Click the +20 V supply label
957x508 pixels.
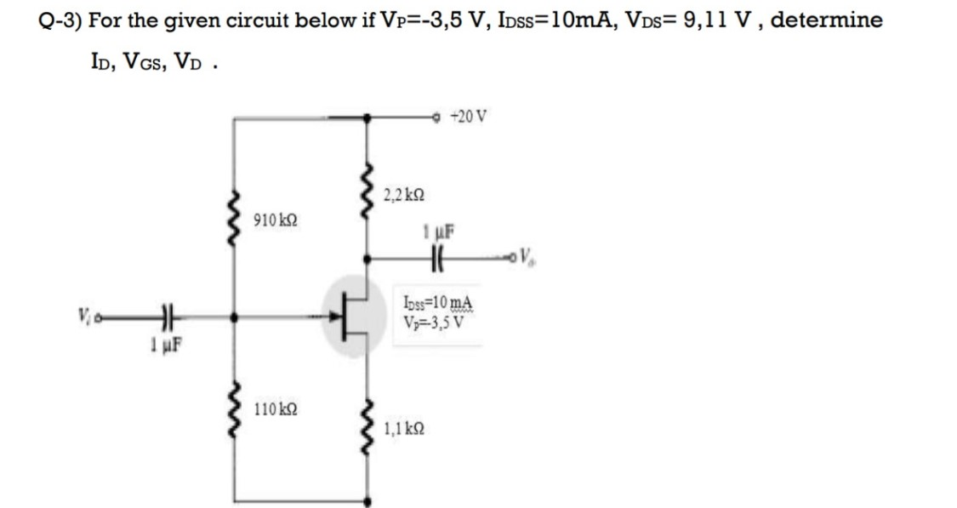(469, 117)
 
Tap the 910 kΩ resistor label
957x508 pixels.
(276, 221)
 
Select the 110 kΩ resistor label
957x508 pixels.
(276, 411)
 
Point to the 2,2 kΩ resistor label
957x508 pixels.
(404, 196)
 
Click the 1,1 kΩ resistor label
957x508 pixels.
(404, 430)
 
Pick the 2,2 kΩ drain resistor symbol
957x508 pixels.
(367, 195)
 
